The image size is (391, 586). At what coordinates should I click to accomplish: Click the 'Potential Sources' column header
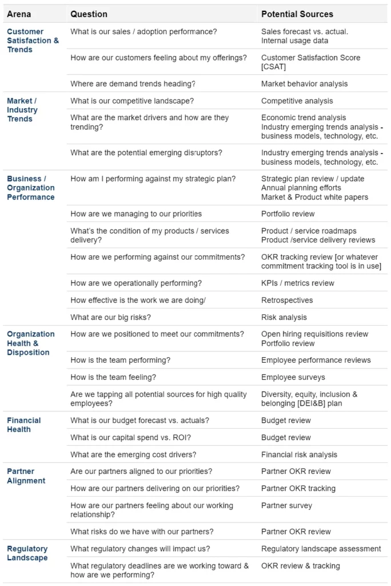coord(297,14)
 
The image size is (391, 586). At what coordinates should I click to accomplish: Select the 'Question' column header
coord(89,14)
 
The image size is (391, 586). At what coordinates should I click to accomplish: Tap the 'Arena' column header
coord(19,14)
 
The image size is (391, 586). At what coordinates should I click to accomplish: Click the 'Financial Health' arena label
coord(23,425)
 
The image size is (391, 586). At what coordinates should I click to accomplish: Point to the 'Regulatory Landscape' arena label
coord(27,553)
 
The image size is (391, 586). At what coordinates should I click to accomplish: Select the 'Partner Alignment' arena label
coord(26,476)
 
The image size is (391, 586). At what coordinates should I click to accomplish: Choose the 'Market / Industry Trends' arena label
coord(22,110)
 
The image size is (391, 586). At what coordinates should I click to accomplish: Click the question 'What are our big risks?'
coord(111,317)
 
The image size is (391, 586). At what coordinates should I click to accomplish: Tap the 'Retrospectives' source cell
coord(288,300)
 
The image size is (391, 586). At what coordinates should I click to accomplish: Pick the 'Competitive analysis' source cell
coord(297,101)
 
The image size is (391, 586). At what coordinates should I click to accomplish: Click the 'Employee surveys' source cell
coord(293,377)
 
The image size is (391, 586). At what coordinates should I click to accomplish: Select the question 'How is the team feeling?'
coord(113,377)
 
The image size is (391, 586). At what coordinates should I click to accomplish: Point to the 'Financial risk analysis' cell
coord(299,454)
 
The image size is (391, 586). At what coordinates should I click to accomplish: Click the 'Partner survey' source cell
coord(286,505)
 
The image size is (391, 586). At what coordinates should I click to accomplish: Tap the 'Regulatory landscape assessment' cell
coord(321,548)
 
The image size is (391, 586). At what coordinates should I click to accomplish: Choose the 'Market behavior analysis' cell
coord(304,84)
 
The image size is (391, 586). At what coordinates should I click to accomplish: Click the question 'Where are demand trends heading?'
coord(133,84)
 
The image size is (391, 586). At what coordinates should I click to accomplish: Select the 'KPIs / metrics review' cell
coord(297,283)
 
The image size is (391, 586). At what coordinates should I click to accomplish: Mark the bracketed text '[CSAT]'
coord(273,66)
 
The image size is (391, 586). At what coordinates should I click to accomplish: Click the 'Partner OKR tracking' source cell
coord(298,488)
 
